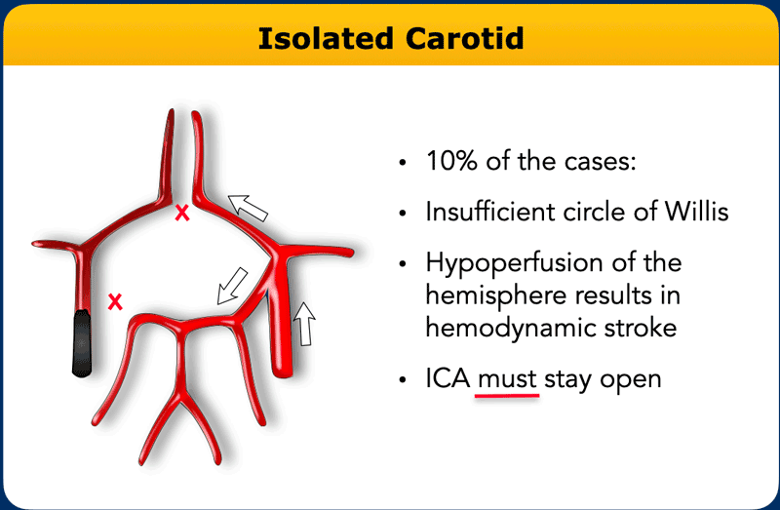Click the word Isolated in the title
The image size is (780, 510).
pyautogui.click(x=326, y=38)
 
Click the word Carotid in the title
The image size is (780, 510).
pyautogui.click(x=464, y=38)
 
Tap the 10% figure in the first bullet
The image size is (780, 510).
pyautogui.click(x=451, y=161)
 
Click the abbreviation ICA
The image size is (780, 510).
pyautogui.click(x=448, y=379)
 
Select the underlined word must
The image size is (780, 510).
pyautogui.click(x=507, y=380)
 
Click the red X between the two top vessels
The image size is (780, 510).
pyautogui.click(x=182, y=213)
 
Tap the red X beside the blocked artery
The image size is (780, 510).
pyautogui.click(x=115, y=301)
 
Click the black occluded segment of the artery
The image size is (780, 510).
pyautogui.click(x=82, y=343)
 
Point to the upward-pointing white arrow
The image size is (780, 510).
pyautogui.click(x=304, y=324)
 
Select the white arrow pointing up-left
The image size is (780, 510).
pyautogui.click(x=248, y=208)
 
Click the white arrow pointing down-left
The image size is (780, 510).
pyautogui.click(x=232, y=286)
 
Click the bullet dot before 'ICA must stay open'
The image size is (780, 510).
pyautogui.click(x=403, y=380)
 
